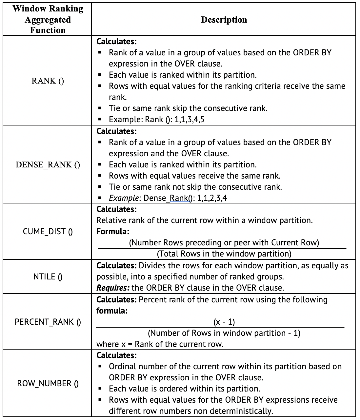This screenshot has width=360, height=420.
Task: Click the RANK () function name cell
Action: pos(48,81)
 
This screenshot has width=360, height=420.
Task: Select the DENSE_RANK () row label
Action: pos(48,164)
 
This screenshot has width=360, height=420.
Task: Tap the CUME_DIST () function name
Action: pos(48,232)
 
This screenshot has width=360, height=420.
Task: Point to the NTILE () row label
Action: pos(48,277)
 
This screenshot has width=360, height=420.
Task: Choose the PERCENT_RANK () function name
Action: pos(48,322)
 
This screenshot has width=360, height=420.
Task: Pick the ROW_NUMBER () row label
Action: pos(48,383)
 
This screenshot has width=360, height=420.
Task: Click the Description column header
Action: pos(224,20)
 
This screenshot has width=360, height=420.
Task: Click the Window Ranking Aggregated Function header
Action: pos(48,19)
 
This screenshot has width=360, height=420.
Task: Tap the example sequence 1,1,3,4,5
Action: pos(190,120)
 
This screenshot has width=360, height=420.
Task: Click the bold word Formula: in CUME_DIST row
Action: pos(113,232)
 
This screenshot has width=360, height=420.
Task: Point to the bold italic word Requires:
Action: pos(113,288)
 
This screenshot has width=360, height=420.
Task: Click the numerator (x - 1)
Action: pos(224,322)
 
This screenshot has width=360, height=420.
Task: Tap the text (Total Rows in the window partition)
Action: pos(224,254)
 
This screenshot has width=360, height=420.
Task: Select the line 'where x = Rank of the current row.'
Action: pos(160,344)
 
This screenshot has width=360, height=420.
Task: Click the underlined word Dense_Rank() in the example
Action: pos(177,198)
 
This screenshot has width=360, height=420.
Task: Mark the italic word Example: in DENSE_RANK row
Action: pos(125,198)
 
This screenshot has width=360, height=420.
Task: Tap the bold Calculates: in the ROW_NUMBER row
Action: pos(116,355)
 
